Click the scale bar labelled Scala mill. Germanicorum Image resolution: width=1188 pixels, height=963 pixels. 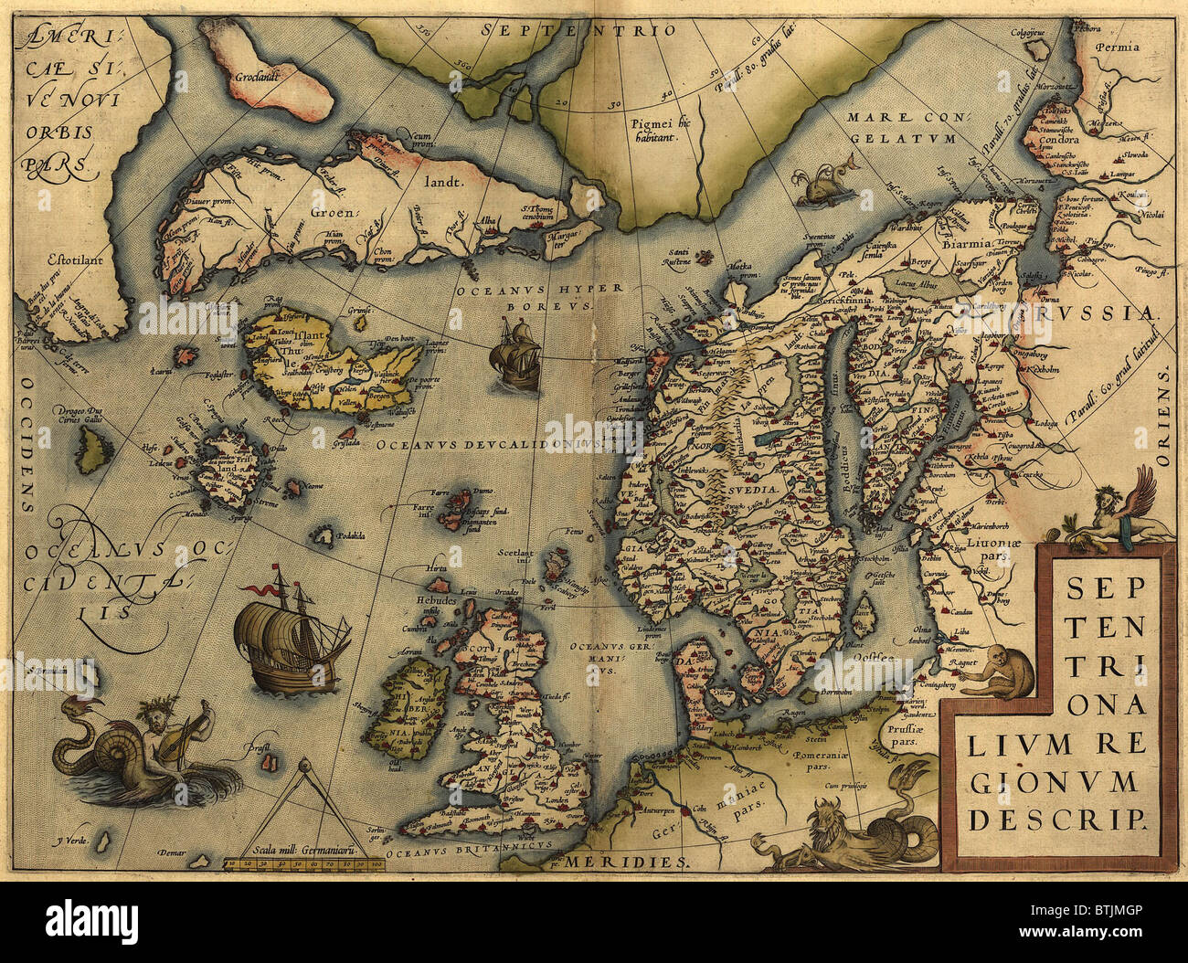click(x=305, y=854)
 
